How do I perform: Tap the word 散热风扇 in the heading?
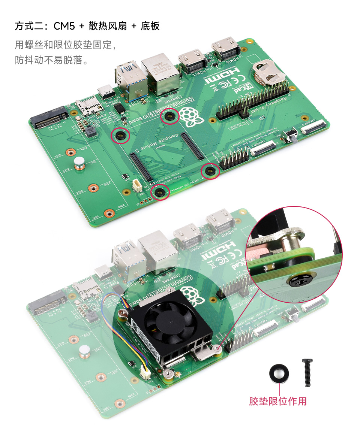coord(107,26)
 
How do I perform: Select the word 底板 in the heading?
coord(150,26)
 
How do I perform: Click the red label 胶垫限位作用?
coord(278,401)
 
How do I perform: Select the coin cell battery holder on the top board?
coord(267,73)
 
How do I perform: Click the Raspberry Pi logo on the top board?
coord(191,116)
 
